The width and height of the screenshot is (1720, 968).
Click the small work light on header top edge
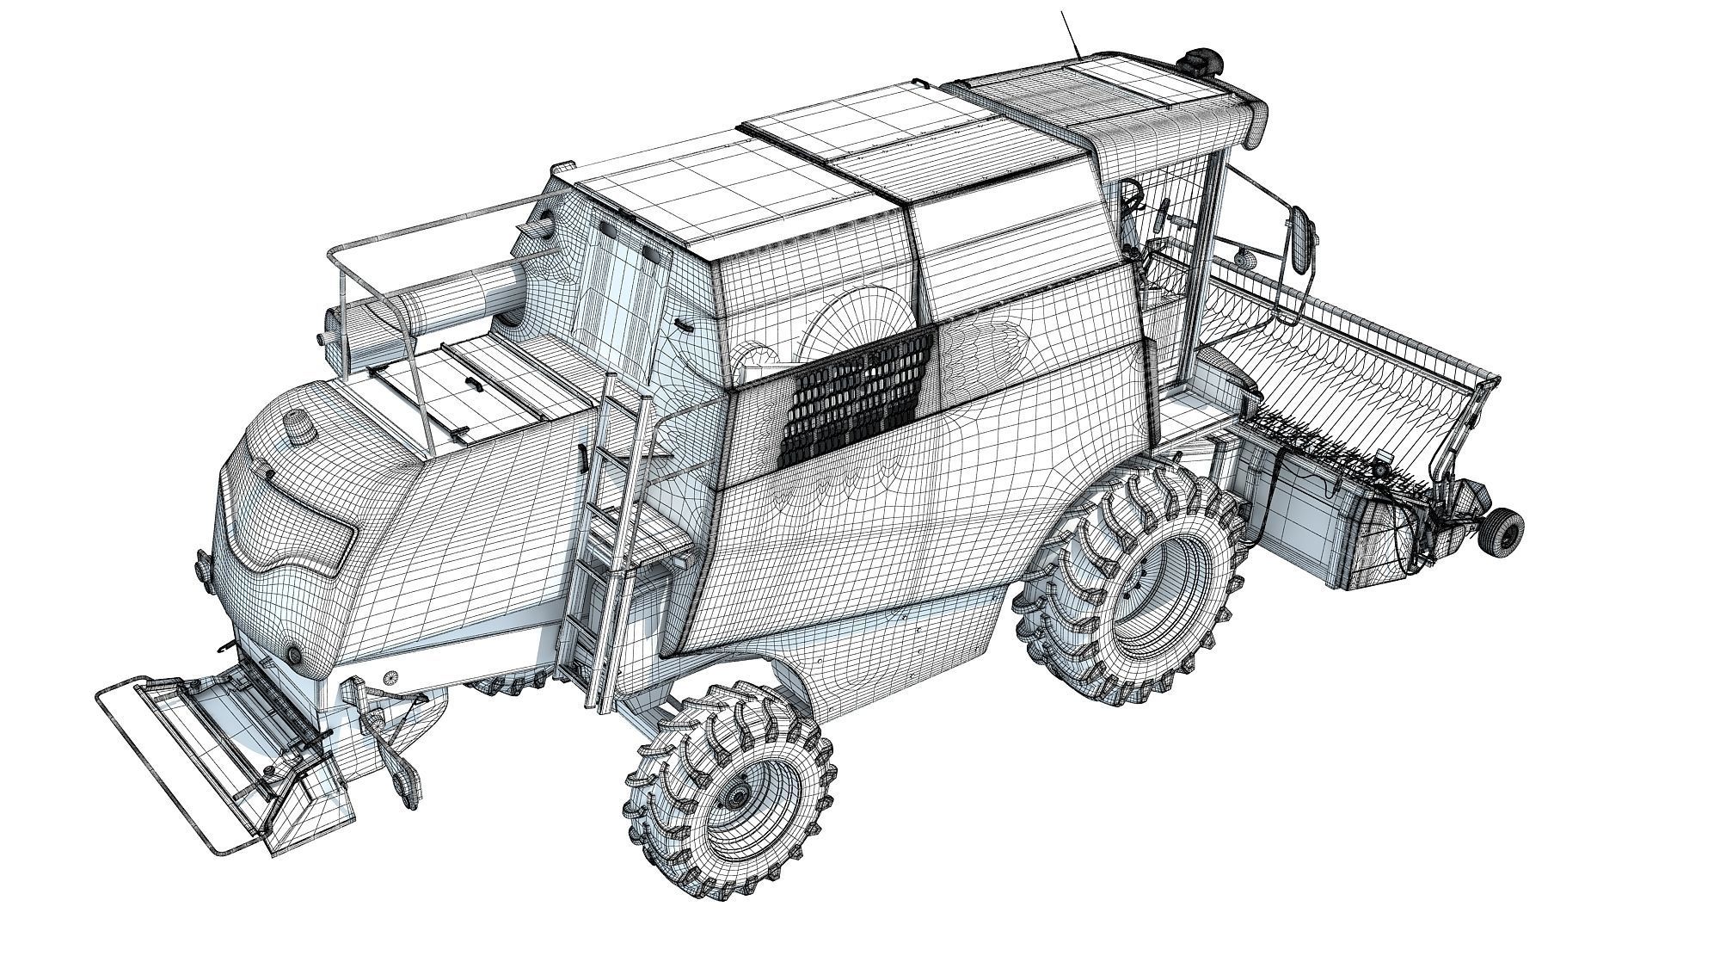tap(1240, 257)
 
